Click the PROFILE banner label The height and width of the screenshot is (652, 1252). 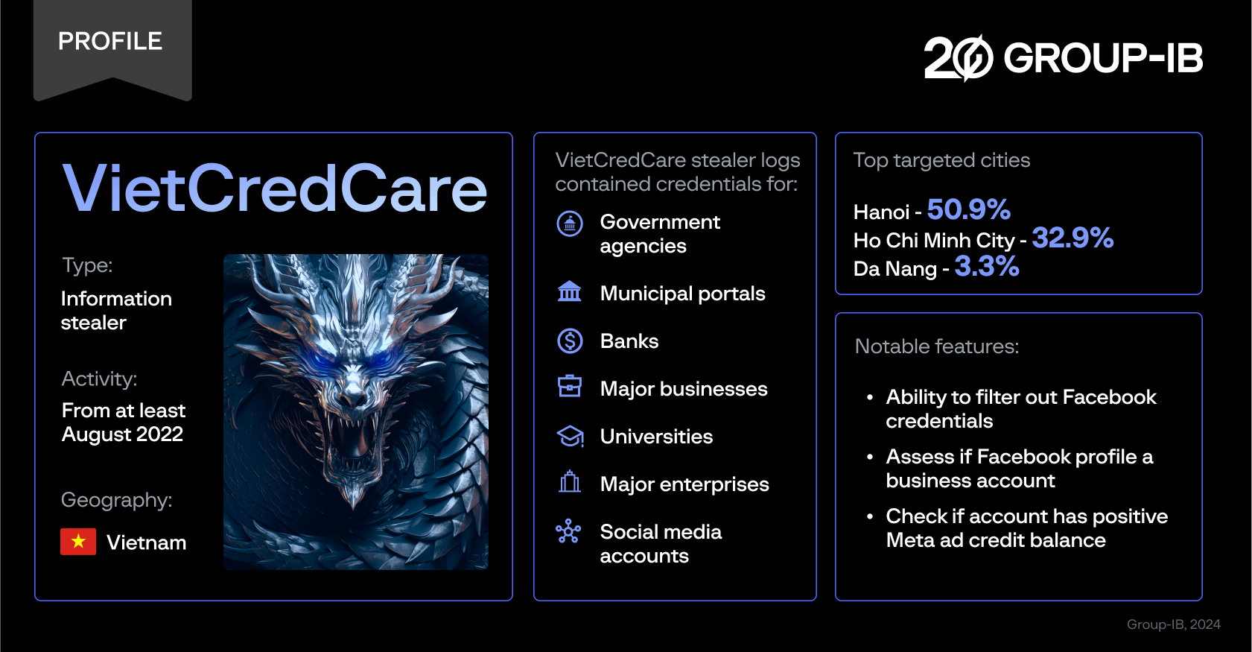click(x=110, y=41)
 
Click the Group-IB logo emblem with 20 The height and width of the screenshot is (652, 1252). click(x=959, y=58)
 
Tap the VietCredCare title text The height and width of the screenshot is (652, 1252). click(x=274, y=189)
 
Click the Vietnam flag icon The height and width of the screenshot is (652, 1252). click(x=78, y=542)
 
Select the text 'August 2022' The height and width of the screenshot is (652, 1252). click(x=122, y=434)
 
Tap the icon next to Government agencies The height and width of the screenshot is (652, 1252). click(x=570, y=223)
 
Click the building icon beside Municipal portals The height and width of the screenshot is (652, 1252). click(x=570, y=291)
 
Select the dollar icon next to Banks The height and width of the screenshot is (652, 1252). click(x=570, y=341)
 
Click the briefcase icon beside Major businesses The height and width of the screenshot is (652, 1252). click(x=570, y=386)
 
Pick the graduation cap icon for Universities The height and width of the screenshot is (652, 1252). click(x=570, y=436)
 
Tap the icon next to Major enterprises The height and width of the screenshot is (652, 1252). click(x=570, y=482)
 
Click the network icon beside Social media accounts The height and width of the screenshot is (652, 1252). click(x=568, y=531)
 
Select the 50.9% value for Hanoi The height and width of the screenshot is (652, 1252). click(x=968, y=210)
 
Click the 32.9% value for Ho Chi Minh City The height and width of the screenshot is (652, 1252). click(x=1073, y=238)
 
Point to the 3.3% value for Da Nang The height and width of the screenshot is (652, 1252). click(x=987, y=267)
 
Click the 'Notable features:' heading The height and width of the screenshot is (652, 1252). click(x=937, y=346)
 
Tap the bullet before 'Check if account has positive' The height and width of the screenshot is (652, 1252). click(x=870, y=516)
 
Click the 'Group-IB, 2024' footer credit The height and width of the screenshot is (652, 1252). click(x=1173, y=624)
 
